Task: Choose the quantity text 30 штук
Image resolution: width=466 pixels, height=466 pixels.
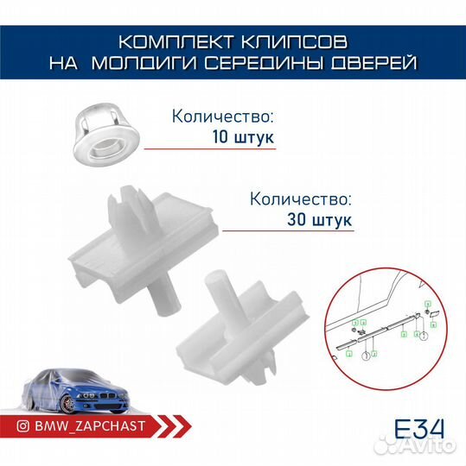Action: coord(319,219)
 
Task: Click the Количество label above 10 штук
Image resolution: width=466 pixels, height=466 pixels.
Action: coord(223,115)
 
